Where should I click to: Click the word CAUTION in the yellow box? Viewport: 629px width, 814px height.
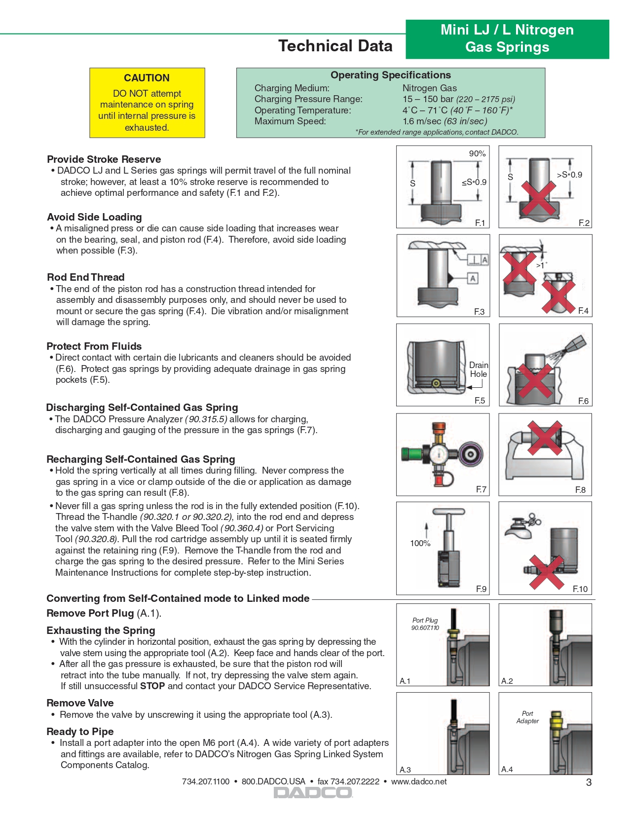(147, 78)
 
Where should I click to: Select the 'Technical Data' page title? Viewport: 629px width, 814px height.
(335, 46)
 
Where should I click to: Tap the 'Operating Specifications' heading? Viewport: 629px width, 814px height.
(390, 75)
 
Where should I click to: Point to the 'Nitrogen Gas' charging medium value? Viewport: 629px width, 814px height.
(429, 88)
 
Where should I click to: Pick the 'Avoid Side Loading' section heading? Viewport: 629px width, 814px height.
(94, 217)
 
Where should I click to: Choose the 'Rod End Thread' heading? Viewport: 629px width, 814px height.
(86, 277)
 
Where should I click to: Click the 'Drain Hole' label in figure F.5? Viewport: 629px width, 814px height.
(478, 370)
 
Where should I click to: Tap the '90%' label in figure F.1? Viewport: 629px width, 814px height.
(477, 153)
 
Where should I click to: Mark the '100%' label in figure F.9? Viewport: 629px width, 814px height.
(420, 543)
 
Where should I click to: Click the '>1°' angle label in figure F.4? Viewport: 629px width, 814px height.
(541, 265)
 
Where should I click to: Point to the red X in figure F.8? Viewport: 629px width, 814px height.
(545, 438)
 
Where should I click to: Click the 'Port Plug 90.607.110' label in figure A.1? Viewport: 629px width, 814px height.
(425, 624)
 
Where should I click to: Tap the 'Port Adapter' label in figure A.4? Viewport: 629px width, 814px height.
(527, 717)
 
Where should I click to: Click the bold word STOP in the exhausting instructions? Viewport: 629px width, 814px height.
(152, 686)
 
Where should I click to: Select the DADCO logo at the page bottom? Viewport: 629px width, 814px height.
(313, 793)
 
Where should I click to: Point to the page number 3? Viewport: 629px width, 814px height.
(589, 782)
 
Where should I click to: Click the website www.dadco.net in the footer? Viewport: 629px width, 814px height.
(419, 781)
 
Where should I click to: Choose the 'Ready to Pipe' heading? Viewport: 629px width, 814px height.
(80, 732)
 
